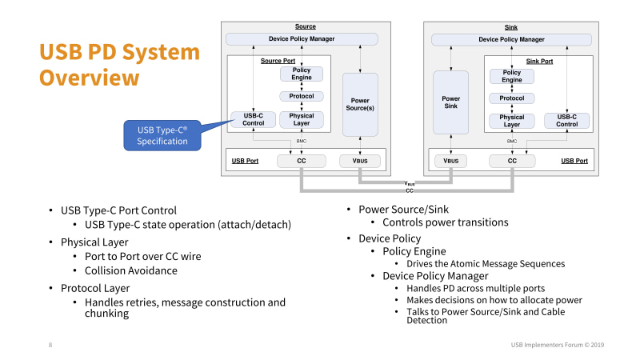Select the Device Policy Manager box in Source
(x=302, y=39)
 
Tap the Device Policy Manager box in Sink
(x=511, y=39)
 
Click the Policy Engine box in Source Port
(x=302, y=74)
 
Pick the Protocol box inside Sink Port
(x=511, y=98)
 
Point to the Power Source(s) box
(x=359, y=104)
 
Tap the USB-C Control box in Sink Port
(x=566, y=120)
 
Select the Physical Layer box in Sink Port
(x=511, y=121)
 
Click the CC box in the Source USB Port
(x=302, y=161)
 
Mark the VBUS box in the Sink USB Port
(x=451, y=161)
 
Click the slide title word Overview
(x=90, y=78)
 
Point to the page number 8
(x=50, y=345)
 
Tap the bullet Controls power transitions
(x=444, y=222)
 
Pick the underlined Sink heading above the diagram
(x=511, y=26)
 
